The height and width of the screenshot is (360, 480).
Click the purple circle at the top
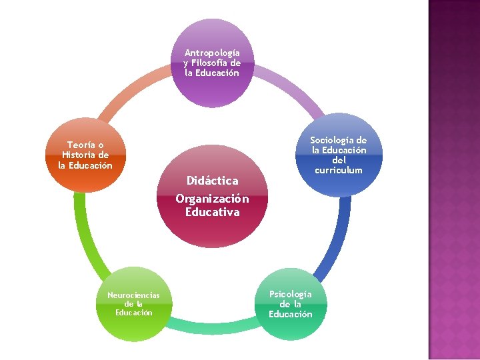point(212,63)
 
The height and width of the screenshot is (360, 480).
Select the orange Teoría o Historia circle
point(85,155)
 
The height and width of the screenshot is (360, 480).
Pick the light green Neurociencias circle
point(133,304)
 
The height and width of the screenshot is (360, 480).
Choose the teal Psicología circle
point(291,304)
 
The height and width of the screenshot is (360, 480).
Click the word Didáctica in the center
point(212,181)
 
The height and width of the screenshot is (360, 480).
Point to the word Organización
point(212,199)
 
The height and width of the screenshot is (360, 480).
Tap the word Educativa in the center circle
point(212,213)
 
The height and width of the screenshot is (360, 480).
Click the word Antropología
point(212,52)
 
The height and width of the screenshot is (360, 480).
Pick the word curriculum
point(339,170)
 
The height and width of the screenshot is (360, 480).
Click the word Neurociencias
point(133,295)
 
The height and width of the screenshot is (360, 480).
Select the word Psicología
point(290,294)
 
